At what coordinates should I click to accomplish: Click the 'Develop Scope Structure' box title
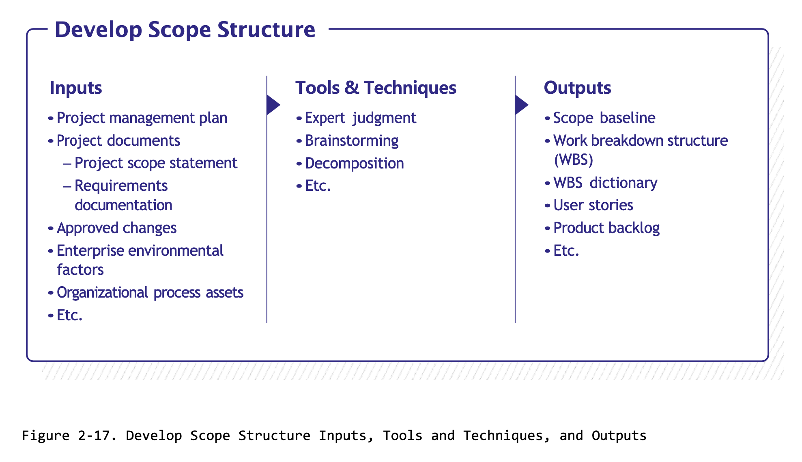185,30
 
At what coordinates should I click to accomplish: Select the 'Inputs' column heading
75,88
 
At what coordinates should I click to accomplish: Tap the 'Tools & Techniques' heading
375,88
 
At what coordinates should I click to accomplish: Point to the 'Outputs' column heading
577,88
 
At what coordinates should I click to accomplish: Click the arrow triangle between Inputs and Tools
273,105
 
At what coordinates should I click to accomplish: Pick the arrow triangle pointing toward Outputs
521,105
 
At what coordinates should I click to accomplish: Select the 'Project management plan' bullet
142,118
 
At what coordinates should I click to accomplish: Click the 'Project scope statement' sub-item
156,163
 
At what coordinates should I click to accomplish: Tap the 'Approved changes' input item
116,228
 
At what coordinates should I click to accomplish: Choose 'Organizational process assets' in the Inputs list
150,293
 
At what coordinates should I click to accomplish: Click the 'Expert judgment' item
360,118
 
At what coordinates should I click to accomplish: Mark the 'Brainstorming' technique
351,141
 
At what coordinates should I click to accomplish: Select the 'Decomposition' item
354,164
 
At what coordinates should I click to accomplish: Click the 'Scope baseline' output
604,118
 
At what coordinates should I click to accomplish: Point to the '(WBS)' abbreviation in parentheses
573,160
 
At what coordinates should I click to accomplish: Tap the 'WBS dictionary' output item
605,183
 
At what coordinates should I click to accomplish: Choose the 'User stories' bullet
593,205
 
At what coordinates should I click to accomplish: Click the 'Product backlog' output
606,228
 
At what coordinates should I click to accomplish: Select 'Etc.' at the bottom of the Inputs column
69,315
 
